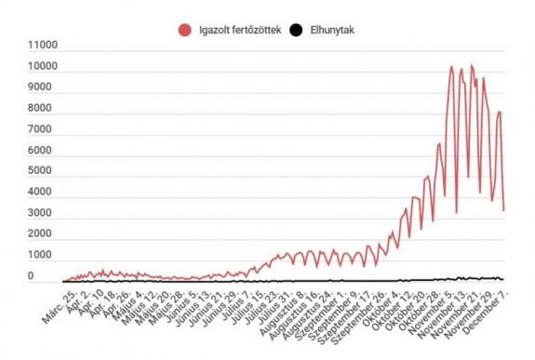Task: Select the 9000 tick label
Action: click(44, 87)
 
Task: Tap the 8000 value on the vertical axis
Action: click(44, 109)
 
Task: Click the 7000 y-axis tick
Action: click(44, 129)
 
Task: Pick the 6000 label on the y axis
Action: click(44, 151)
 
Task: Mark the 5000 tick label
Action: click(44, 171)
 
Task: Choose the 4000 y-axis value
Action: click(44, 193)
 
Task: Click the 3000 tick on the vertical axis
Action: click(44, 213)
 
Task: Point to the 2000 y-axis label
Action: click(44, 234)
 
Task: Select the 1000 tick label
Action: click(44, 255)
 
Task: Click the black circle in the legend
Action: click(296, 31)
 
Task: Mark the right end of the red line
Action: click(503, 209)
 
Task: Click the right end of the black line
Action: click(503, 279)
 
